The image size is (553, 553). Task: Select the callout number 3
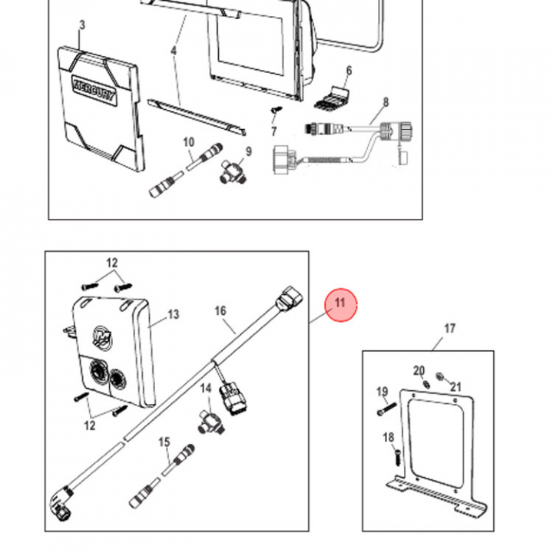coord(82,25)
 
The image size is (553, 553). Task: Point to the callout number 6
coord(349,71)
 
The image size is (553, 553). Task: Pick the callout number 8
coord(386,102)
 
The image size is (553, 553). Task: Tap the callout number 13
coord(173,314)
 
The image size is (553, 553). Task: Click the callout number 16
coord(220,311)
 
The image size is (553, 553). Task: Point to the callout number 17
coord(449,329)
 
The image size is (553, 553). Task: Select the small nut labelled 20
coord(422,384)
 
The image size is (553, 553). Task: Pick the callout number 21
coord(455,386)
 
